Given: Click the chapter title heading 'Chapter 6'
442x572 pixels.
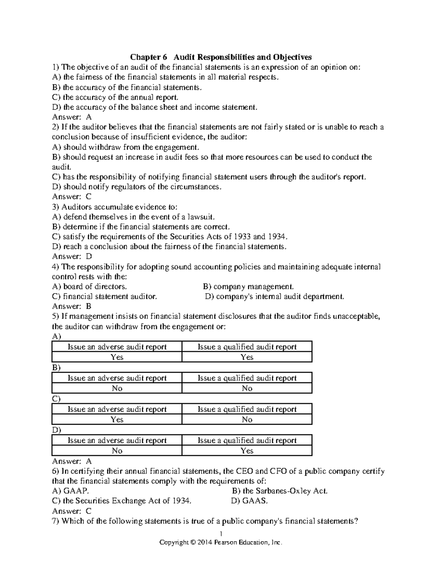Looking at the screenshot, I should tap(148, 57).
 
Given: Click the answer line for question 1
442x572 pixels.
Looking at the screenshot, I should tap(72, 117).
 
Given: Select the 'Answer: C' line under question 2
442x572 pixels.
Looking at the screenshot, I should tap(72, 197).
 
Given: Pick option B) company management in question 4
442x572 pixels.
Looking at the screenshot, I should tap(249, 287).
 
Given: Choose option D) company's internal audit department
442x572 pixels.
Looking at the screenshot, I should tap(275, 296).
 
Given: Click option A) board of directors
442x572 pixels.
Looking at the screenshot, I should tap(90, 287).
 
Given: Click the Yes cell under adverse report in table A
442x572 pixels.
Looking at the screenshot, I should tap(117, 357).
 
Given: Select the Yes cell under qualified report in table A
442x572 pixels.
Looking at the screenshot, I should tap(247, 357).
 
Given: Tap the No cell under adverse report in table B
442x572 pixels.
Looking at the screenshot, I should tap(117, 389).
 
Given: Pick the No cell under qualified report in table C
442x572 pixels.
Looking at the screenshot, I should tap(247, 420).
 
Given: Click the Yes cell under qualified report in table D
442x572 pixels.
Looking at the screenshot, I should tap(247, 451).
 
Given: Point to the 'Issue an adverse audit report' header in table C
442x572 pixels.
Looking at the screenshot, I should tap(117, 409).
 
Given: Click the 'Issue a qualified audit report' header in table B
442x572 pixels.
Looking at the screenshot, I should tap(247, 378).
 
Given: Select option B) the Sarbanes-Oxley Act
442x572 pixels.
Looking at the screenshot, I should tap(280, 491).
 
